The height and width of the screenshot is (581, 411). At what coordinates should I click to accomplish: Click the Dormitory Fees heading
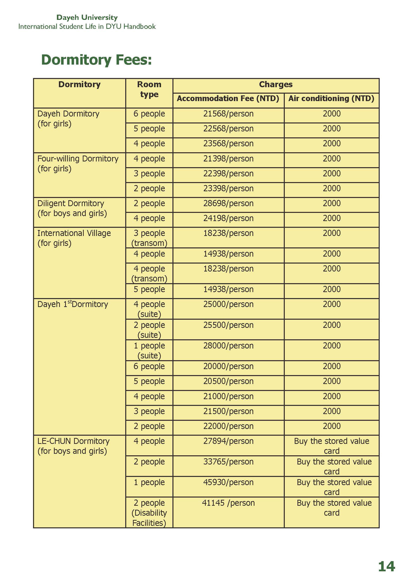[96, 60]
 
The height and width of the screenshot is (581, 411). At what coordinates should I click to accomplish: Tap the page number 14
[386, 566]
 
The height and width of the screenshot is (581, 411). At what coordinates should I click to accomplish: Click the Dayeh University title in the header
[87, 17]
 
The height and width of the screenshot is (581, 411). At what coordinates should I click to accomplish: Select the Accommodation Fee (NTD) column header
[228, 98]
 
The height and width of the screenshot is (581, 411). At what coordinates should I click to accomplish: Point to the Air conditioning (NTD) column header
[331, 98]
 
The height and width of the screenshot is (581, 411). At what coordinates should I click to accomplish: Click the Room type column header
[149, 89]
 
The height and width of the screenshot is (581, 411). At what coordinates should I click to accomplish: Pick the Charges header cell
[276, 84]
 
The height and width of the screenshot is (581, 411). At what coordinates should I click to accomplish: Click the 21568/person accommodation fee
[228, 114]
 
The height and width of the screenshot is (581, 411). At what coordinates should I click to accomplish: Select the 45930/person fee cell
[228, 482]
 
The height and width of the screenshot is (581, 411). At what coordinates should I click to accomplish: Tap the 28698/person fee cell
[228, 203]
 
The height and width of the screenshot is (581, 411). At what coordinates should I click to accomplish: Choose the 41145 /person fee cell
[228, 503]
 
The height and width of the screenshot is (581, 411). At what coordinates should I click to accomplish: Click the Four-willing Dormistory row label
[78, 163]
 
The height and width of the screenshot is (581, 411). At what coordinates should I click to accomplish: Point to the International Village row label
[74, 238]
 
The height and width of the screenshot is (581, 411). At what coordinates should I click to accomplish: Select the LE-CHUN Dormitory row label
[74, 446]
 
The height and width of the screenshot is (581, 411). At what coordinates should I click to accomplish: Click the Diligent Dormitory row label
[72, 208]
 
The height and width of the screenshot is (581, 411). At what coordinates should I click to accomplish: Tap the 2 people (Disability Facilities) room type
[149, 513]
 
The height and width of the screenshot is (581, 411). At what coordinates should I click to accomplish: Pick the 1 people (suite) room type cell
[149, 351]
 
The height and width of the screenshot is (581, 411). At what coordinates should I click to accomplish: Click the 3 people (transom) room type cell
[149, 238]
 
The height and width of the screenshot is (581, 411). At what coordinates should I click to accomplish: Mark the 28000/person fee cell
[228, 346]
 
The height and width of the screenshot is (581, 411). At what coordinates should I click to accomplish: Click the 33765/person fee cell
[228, 462]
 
